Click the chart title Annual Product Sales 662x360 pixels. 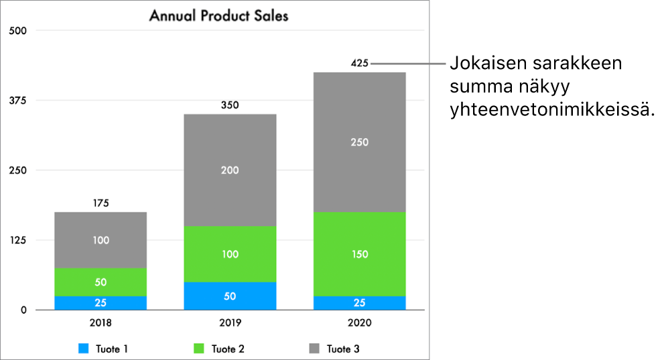tap(218, 15)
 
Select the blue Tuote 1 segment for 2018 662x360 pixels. tap(101, 302)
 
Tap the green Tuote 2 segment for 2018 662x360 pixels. tap(101, 282)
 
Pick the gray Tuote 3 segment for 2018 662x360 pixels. tap(101, 240)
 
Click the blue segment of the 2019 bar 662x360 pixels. tap(230, 296)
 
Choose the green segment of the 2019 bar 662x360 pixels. tap(230, 254)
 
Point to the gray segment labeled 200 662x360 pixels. tap(230, 170)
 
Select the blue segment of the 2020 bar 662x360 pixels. tap(360, 302)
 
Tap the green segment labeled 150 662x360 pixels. tap(360, 254)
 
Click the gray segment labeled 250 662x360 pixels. tap(360, 142)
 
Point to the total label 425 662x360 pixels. tap(360, 64)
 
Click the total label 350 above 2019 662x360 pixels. tap(230, 105)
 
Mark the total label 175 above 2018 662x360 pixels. tap(101, 203)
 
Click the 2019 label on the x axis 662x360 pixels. tap(230, 323)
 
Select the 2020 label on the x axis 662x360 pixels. tap(360, 323)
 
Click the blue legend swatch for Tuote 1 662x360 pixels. tap(84, 349)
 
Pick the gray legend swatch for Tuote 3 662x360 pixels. tap(314, 349)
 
